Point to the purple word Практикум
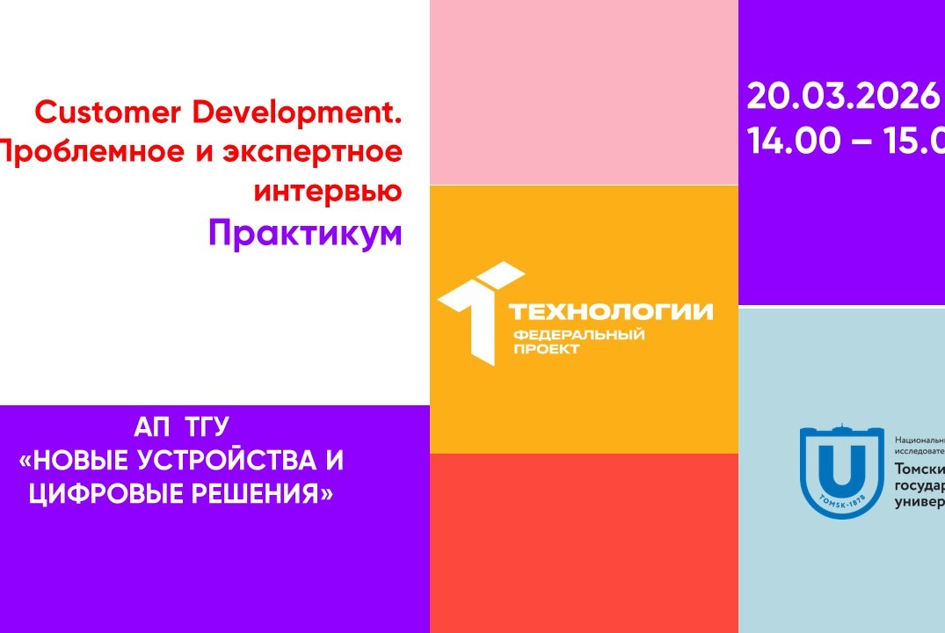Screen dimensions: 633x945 pyautogui.click(x=305, y=233)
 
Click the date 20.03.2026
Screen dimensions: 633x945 pyautogui.click(x=843, y=97)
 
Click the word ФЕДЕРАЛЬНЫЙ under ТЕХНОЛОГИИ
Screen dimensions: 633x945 pyautogui.click(x=578, y=335)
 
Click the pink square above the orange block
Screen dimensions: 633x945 pyautogui.click(x=584, y=92)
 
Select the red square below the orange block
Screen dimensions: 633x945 pyautogui.click(x=584, y=542)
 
